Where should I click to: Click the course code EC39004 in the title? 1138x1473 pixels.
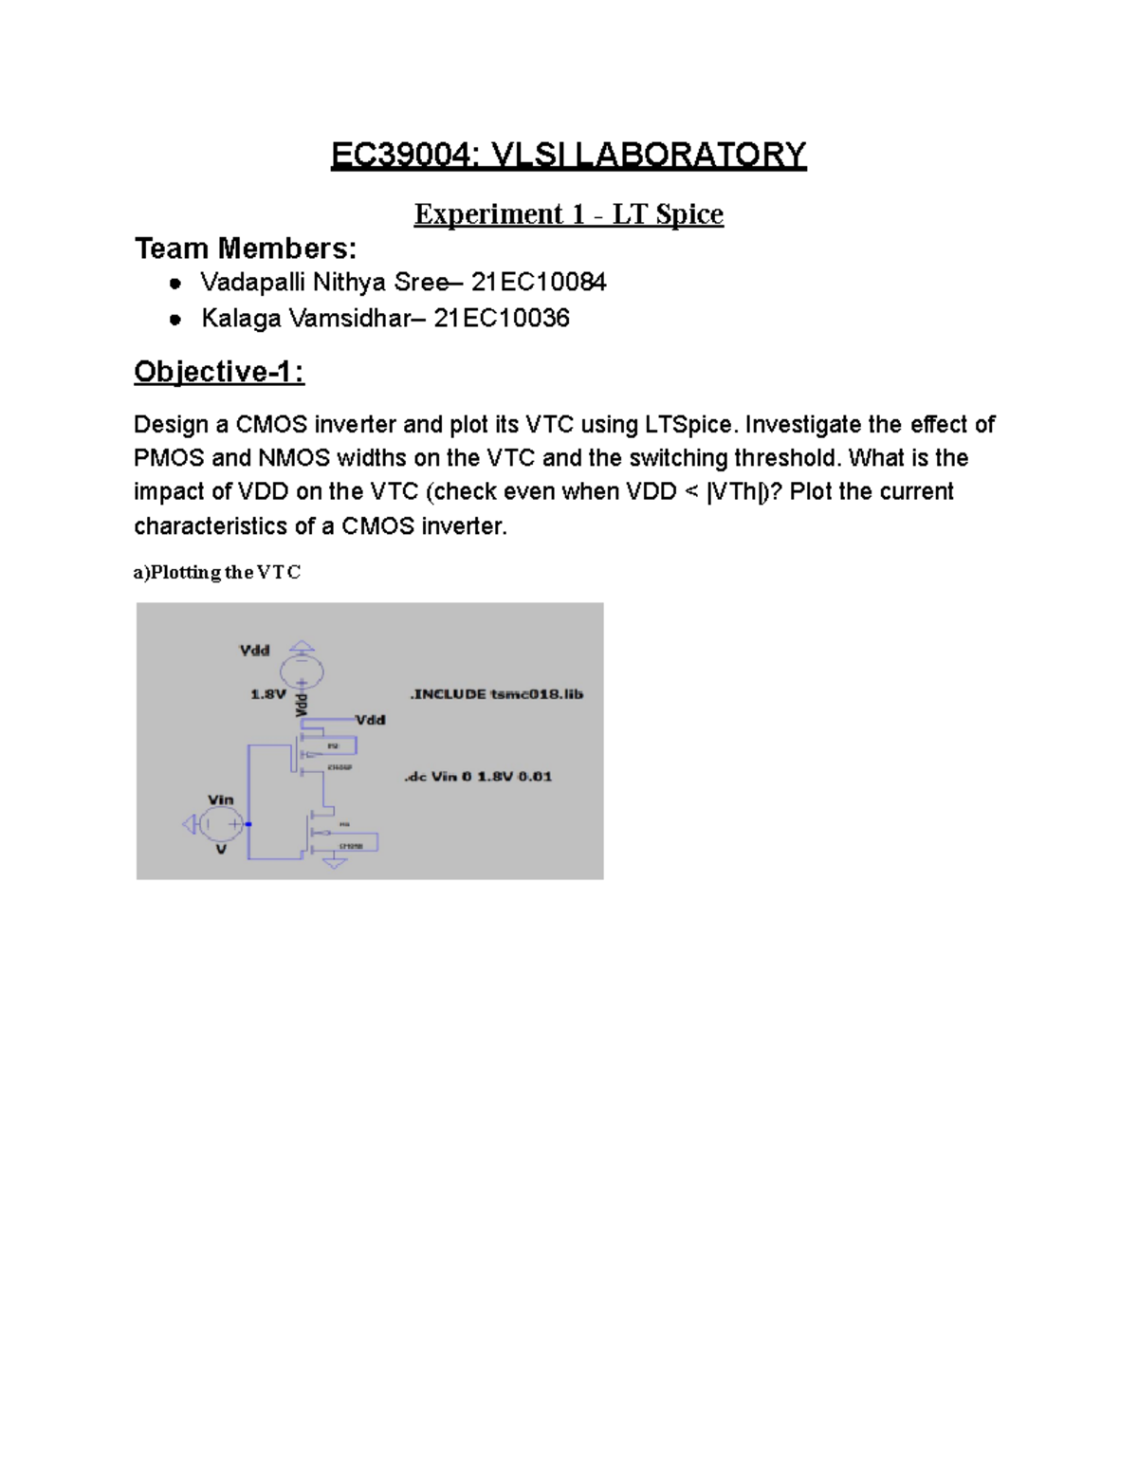click(399, 155)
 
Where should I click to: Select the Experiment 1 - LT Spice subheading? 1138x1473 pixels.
click(568, 214)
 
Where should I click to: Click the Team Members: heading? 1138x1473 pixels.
click(246, 249)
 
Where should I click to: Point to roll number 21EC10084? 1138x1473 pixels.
click(539, 283)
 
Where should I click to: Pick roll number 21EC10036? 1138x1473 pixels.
click(502, 318)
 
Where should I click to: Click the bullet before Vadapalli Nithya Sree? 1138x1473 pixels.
click(175, 284)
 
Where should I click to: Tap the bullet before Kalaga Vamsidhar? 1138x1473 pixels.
click(175, 320)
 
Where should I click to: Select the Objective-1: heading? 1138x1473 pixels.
click(219, 372)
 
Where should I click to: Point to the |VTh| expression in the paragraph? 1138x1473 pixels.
click(738, 492)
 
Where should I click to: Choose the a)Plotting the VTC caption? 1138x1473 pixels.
click(217, 572)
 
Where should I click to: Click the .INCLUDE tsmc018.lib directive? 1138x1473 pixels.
click(496, 694)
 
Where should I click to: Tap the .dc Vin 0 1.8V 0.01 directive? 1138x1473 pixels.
click(478, 776)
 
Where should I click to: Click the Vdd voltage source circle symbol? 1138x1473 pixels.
click(302, 672)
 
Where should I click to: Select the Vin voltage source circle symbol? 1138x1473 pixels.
click(221, 824)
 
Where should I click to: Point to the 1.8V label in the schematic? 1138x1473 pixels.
click(267, 694)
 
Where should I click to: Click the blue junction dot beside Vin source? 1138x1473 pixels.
click(248, 824)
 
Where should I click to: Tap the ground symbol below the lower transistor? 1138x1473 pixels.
click(334, 863)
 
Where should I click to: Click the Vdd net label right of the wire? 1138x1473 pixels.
click(370, 720)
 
